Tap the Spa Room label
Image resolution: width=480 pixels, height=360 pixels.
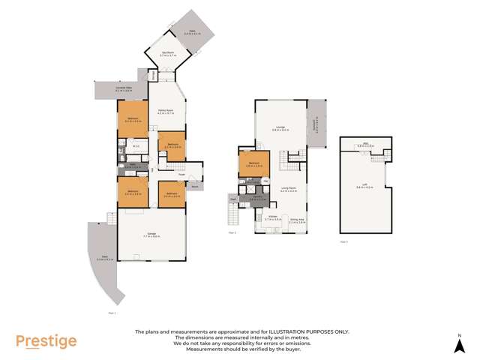[167, 54]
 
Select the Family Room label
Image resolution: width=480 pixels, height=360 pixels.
[166, 112]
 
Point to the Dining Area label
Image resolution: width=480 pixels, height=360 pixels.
[298, 220]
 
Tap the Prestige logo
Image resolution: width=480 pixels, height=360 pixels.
[46, 342]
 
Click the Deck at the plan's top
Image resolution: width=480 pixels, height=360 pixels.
[191, 31]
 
